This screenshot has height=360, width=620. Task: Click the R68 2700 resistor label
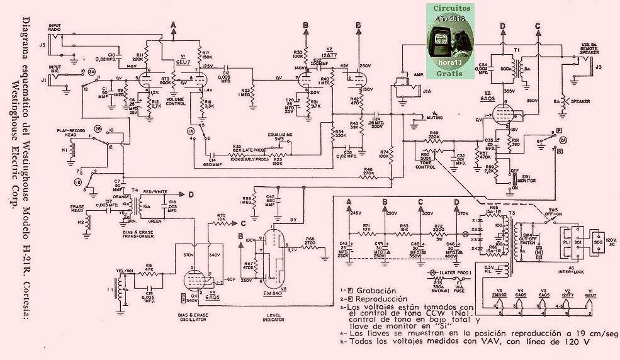pos(310,242)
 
